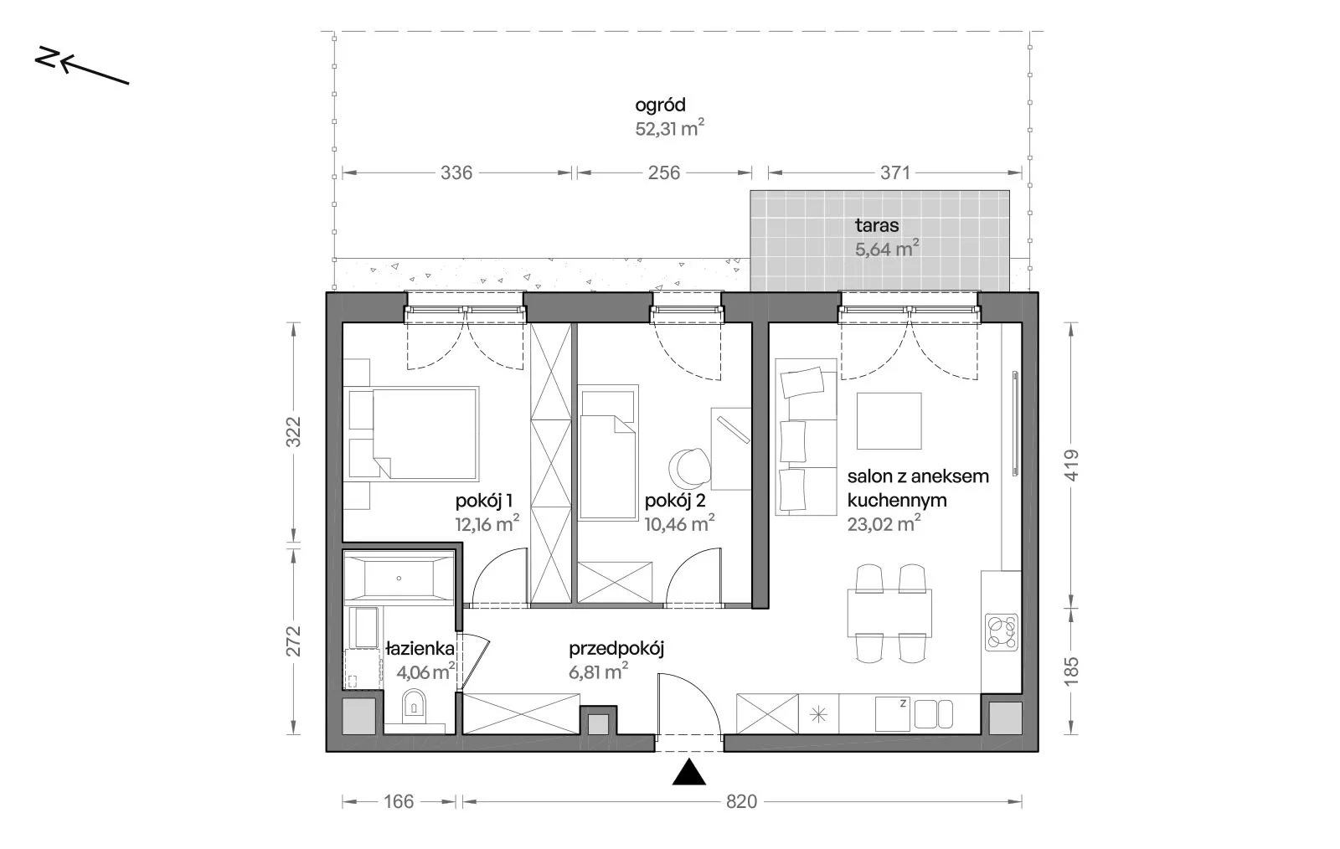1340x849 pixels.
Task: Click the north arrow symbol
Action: coord(82,66)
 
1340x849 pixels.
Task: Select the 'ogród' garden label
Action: coord(661,105)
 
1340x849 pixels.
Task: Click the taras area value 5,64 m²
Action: coord(887,249)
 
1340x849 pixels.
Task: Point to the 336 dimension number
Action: coord(456,172)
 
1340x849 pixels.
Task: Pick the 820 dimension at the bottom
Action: coord(741,802)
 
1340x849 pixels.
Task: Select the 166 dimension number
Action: coord(399,802)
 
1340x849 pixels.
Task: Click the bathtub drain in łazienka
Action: coord(399,579)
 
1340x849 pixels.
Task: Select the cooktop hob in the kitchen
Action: coord(1002,633)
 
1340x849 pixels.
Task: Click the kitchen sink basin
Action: coord(933,714)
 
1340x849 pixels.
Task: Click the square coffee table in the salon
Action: coord(889,421)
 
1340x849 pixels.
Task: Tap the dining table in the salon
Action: coord(889,614)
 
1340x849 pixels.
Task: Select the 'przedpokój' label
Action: coord(616,650)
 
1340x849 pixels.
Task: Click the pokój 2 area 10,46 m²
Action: coord(679,524)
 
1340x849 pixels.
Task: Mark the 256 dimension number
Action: coord(664,172)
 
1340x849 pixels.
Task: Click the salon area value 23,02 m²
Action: coord(884,524)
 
